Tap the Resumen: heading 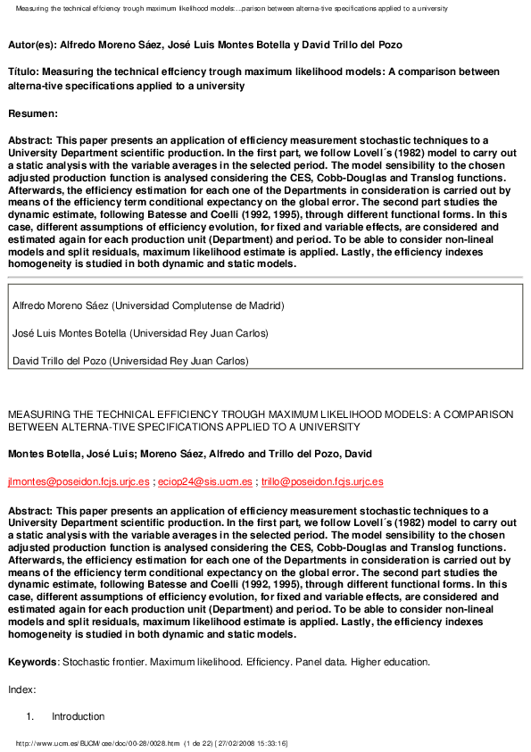tap(32, 113)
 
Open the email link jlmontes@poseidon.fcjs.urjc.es tap(79, 481)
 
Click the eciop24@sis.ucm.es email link tap(203, 481)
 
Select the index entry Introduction tap(78, 716)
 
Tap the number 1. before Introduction tap(29, 716)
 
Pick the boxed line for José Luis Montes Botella tap(140, 333)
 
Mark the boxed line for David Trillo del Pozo tap(130, 361)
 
